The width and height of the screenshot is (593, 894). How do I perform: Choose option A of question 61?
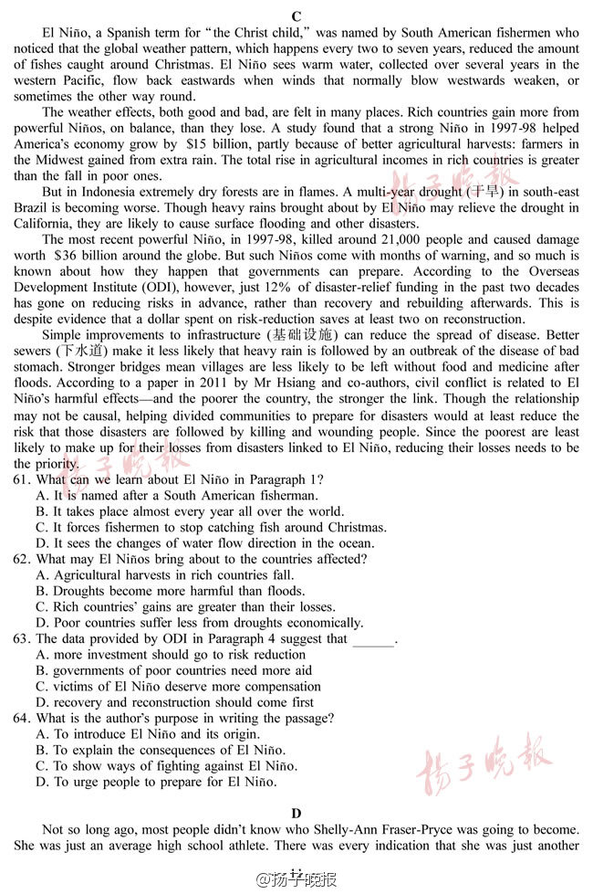pyautogui.click(x=42, y=496)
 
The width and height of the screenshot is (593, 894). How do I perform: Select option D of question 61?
pyautogui.click(x=42, y=543)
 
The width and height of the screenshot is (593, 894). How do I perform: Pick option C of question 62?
pyautogui.click(x=42, y=607)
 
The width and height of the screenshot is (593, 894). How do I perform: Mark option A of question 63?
pyautogui.click(x=42, y=655)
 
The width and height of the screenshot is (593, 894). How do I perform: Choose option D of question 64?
pyautogui.click(x=42, y=782)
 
